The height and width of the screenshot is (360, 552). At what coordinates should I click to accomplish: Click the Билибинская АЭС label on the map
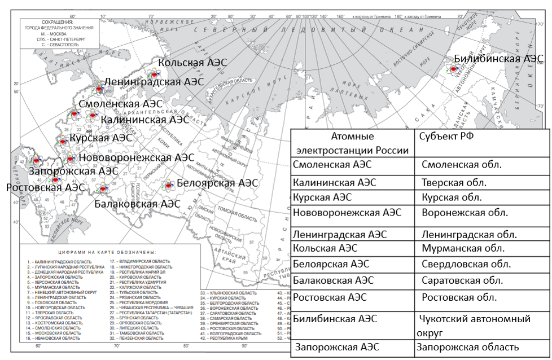click(498, 59)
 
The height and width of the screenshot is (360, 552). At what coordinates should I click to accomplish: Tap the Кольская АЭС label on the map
click(192, 63)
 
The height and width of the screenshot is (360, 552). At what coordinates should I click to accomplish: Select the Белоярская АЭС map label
click(217, 183)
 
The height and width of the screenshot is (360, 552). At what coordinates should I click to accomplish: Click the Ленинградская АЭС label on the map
click(154, 81)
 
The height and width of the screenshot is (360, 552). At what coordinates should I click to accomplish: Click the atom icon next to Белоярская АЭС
click(169, 184)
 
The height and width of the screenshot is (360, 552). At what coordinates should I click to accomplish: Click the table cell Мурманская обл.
click(463, 248)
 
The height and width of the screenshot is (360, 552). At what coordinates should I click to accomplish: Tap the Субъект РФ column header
click(443, 136)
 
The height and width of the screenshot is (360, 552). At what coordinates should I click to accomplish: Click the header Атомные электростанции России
click(352, 143)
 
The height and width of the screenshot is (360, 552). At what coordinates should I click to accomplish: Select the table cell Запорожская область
click(467, 348)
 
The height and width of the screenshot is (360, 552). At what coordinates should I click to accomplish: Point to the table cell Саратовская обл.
click(462, 280)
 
